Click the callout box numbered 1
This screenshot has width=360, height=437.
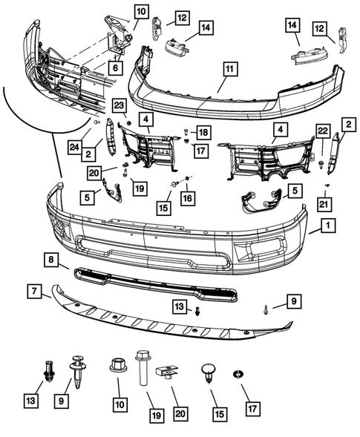point(328,226)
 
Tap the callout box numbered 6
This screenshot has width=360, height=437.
point(115,68)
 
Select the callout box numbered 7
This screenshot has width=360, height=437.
point(34,291)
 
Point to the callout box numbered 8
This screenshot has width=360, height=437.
point(51,260)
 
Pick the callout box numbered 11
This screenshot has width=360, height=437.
point(230,68)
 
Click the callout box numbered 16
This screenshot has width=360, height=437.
point(188,198)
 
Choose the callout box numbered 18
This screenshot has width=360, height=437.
point(203,132)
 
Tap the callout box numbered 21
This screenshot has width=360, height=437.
point(324,204)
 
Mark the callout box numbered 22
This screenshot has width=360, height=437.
point(323,131)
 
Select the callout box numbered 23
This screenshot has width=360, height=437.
point(120,105)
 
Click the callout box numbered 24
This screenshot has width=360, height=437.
point(75,147)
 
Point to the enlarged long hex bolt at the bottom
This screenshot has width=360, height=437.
point(143,368)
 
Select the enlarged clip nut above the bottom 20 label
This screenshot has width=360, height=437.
point(166,372)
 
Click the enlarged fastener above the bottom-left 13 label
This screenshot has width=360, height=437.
point(49,371)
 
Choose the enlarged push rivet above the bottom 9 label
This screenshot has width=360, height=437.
point(79,371)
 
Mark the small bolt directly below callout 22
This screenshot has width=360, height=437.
point(321,165)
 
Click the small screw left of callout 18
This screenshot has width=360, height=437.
point(186,131)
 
